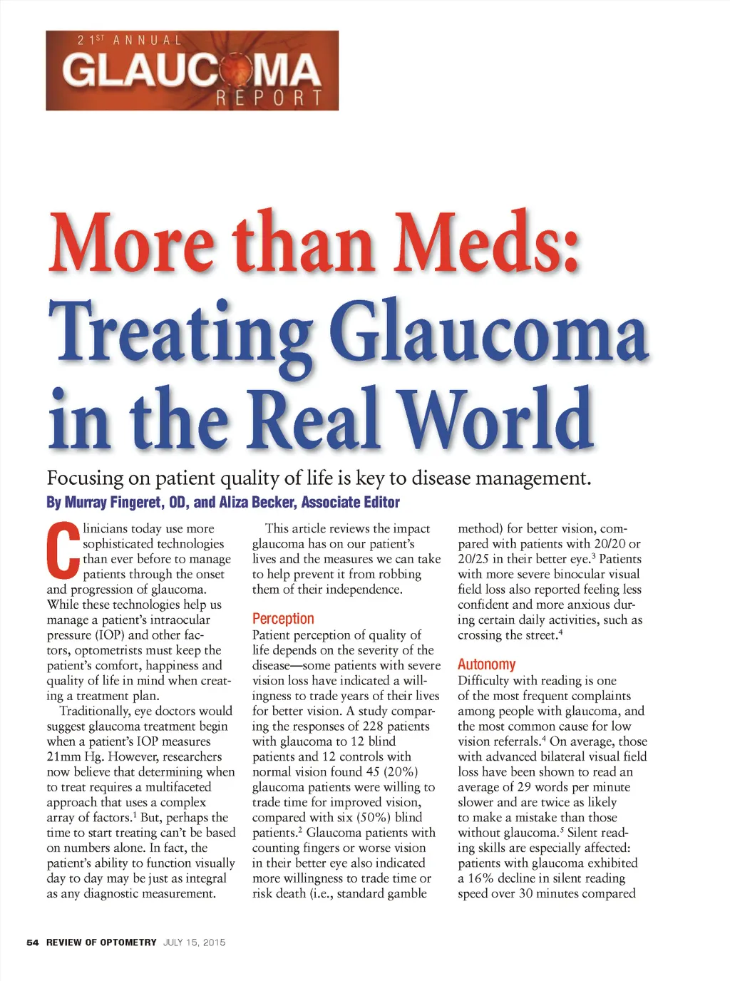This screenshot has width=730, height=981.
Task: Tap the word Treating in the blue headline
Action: [x=179, y=332]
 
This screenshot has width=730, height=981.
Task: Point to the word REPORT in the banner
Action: [x=269, y=98]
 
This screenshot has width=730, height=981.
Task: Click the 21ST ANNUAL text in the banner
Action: [x=130, y=41]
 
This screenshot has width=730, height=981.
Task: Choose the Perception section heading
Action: [x=283, y=619]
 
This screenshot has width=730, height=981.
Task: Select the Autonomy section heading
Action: [x=486, y=664]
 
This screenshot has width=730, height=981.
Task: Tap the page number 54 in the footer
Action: [x=32, y=943]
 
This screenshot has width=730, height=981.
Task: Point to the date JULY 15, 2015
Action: [x=194, y=943]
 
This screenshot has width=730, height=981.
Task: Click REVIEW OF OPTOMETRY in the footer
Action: [x=101, y=943]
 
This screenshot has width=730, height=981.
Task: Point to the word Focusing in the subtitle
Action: [x=85, y=478]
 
